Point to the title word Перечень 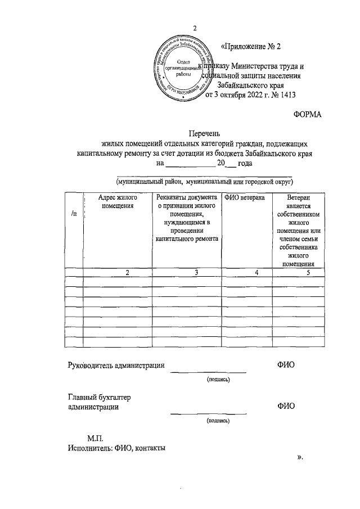click(195, 134)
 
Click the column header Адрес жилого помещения click(118, 202)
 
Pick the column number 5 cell click(308, 272)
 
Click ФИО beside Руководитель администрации click(285, 365)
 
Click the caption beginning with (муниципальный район click(205, 182)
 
